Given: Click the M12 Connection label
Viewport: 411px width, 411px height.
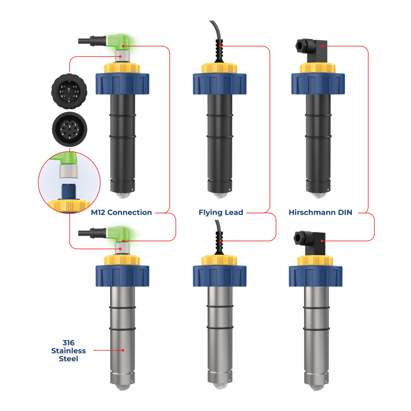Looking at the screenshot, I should tap(122, 212).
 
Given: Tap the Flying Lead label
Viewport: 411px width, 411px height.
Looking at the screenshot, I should tap(221, 212).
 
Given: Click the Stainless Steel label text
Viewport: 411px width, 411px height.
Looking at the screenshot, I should tap(69, 350).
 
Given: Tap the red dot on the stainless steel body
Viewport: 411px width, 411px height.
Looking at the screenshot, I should tap(123, 350).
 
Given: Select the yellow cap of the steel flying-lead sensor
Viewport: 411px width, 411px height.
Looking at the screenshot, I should tap(219, 260).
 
